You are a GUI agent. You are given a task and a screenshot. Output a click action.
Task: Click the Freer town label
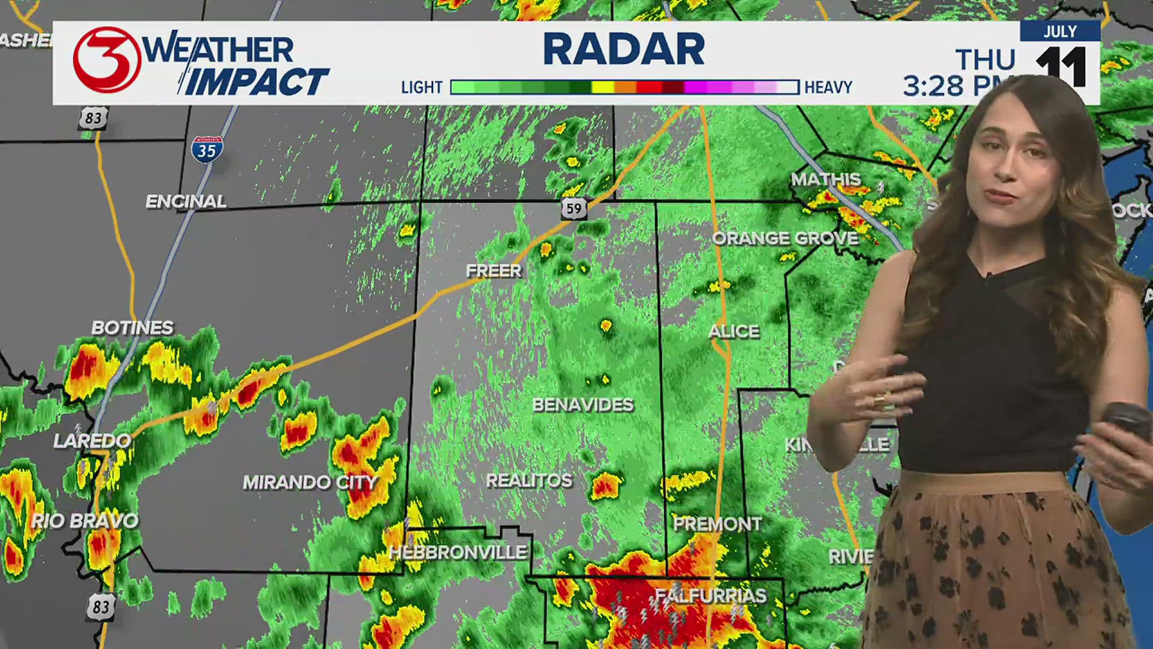point(494,271)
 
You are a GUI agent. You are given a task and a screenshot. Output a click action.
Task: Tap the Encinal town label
point(186,201)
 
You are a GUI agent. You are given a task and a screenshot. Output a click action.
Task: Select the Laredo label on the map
point(92,441)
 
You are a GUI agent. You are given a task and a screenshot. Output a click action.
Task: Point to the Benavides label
point(583,405)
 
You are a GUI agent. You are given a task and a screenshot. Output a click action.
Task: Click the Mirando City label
point(310,482)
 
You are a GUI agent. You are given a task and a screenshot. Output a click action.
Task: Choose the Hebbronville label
point(458,552)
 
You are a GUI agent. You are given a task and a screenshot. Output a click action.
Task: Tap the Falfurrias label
point(710,596)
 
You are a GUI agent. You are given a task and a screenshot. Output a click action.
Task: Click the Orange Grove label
point(785,239)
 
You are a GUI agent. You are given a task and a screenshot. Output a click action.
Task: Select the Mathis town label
point(826,179)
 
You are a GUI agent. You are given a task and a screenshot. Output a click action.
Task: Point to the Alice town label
point(734,331)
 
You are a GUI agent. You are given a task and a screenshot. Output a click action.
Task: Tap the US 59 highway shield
point(574,208)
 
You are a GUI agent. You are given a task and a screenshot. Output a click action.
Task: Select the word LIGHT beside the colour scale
point(422,88)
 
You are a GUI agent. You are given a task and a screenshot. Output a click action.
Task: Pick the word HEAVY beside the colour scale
point(828,88)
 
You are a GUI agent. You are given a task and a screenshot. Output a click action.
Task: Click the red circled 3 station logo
point(107,60)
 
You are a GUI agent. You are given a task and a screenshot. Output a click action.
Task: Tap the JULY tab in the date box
point(1060,32)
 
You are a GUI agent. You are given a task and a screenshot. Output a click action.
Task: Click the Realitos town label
point(529,481)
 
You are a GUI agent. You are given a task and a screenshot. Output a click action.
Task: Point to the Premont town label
point(717,524)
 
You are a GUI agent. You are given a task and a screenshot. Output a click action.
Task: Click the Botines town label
point(132,328)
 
